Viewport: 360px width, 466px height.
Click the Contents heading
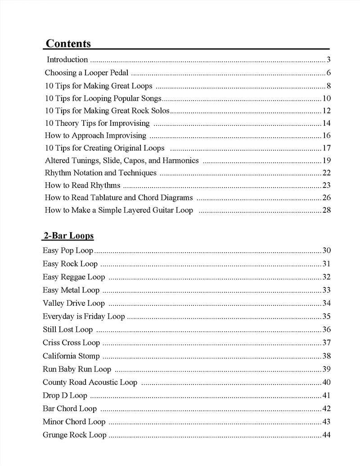pos(68,44)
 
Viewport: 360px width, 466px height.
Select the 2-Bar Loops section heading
pos(68,236)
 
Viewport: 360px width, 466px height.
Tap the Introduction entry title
pos(67,60)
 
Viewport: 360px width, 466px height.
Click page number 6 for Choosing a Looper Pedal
pos(329,73)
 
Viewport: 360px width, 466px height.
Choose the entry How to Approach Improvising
pos(95,135)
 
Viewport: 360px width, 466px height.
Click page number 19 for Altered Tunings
pos(327,161)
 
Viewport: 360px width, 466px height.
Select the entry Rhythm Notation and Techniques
pos(100,173)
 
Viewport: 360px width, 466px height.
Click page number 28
pos(327,210)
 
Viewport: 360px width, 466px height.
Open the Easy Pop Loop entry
pos(68,251)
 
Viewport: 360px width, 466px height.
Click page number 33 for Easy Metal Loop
pos(327,290)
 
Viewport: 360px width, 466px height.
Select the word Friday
pos(93,316)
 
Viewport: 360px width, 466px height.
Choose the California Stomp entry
pos(71,356)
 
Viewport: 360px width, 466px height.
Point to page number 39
pos(327,369)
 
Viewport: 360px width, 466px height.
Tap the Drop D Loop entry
pos(65,396)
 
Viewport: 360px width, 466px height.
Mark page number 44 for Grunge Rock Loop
pos(327,435)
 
